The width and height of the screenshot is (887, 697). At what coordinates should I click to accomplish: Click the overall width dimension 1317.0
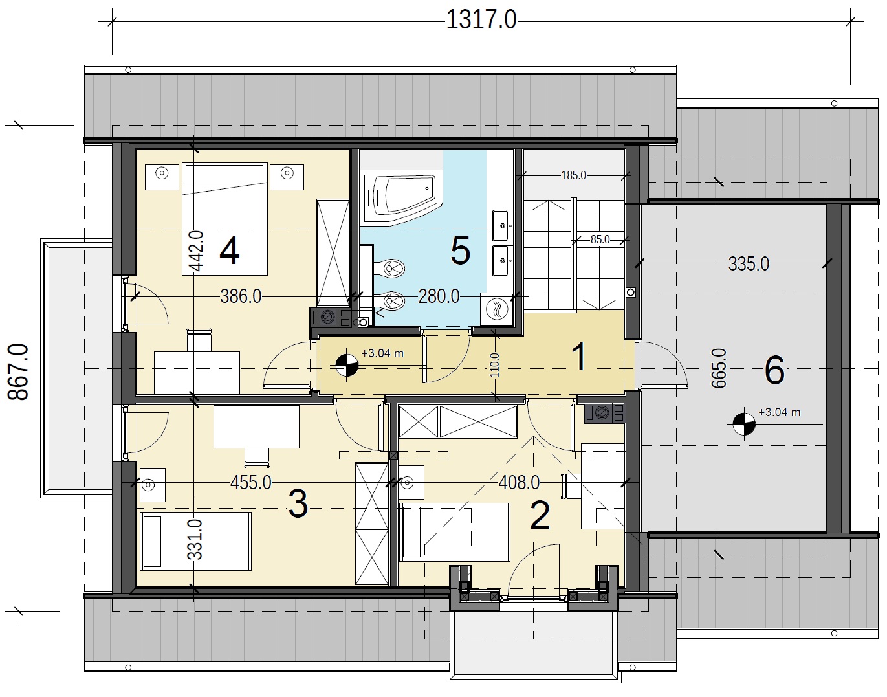point(481,19)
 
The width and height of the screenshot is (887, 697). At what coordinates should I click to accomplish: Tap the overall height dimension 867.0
point(18,372)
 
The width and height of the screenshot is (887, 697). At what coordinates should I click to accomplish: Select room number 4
point(230,251)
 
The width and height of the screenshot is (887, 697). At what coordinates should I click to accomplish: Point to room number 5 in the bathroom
point(460,251)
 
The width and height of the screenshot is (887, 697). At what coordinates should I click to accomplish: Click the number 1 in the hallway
point(580,357)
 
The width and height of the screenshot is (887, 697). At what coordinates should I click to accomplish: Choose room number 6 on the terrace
point(774,370)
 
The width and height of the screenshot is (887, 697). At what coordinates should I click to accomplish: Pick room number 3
point(298,504)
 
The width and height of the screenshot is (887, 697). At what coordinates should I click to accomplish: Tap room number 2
point(540,515)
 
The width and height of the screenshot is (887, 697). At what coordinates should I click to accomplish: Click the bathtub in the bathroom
point(400,199)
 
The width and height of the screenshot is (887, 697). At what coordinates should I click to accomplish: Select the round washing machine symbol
point(497,309)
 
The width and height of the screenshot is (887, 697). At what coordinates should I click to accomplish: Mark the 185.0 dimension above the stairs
point(573,175)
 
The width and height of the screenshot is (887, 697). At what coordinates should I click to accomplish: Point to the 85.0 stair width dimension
point(600,239)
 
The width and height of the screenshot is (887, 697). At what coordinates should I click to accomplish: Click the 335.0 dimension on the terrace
point(749,264)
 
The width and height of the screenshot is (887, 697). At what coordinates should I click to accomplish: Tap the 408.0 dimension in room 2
point(519,483)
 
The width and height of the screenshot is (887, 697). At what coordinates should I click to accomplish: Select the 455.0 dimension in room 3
point(250,483)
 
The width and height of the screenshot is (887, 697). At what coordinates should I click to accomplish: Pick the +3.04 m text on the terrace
point(779,412)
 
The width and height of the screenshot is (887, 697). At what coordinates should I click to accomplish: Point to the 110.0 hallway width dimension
point(495,365)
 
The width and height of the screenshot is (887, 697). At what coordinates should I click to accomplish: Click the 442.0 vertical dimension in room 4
point(196,250)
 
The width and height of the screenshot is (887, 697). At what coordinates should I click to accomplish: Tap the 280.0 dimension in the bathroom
point(439,296)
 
